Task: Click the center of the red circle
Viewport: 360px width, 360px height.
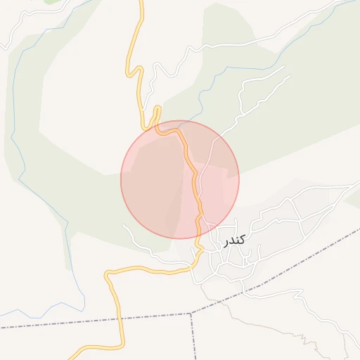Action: click(180, 179)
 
